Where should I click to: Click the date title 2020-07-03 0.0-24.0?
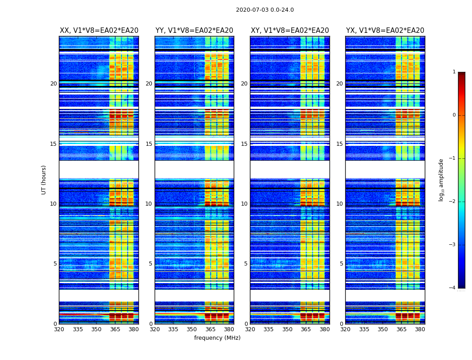[265, 10]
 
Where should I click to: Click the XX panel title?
[99, 31]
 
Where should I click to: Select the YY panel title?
[194, 31]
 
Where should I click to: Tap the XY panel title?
[290, 31]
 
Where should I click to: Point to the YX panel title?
[385, 31]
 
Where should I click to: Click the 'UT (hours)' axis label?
[44, 180]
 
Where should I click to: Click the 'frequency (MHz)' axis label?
[217, 338]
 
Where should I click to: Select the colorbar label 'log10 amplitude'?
[441, 180]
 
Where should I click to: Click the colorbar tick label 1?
[454, 72]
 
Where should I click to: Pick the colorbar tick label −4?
[453, 288]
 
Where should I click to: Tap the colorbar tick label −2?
[453, 202]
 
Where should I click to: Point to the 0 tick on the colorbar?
[454, 115]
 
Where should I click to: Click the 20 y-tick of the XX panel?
[53, 84]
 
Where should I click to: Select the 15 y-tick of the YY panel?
[149, 144]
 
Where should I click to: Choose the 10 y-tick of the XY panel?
[244, 204]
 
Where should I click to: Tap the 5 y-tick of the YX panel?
[342, 264]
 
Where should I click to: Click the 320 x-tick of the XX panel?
[59, 329]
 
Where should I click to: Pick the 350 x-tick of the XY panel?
[287, 329]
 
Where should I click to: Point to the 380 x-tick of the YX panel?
[420, 329]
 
